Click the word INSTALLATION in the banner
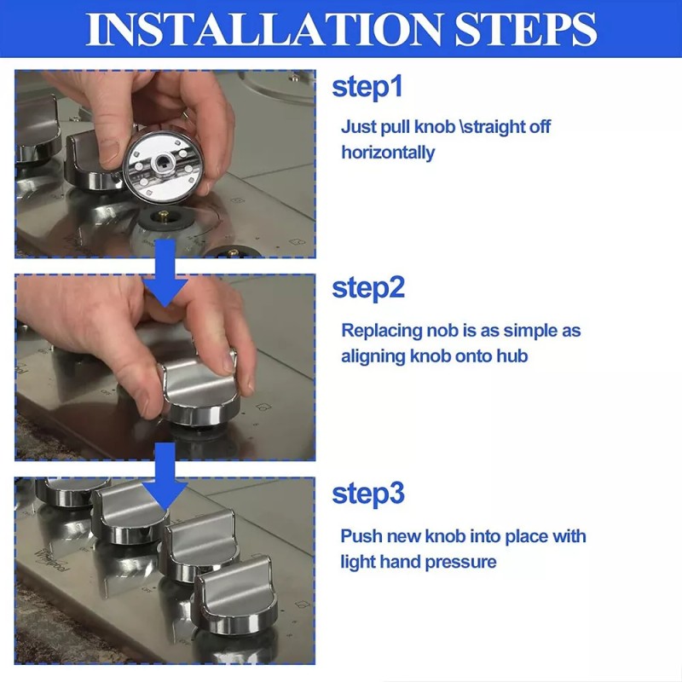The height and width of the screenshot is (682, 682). click(x=263, y=29)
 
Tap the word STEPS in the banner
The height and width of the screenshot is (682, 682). click(x=525, y=29)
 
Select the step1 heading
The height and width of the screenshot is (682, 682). click(x=367, y=87)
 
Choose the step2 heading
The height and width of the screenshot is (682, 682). click(x=368, y=288)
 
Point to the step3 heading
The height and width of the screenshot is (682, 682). click(x=368, y=494)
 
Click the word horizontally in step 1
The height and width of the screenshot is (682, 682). click(x=388, y=153)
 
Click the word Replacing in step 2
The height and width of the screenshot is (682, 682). click(x=382, y=332)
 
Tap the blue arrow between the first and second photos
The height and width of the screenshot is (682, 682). click(x=165, y=272)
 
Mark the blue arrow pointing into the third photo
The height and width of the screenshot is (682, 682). click(x=165, y=477)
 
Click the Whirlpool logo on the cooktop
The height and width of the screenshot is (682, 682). click(x=52, y=560)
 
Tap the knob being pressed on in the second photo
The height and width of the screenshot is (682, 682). click(x=200, y=389)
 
